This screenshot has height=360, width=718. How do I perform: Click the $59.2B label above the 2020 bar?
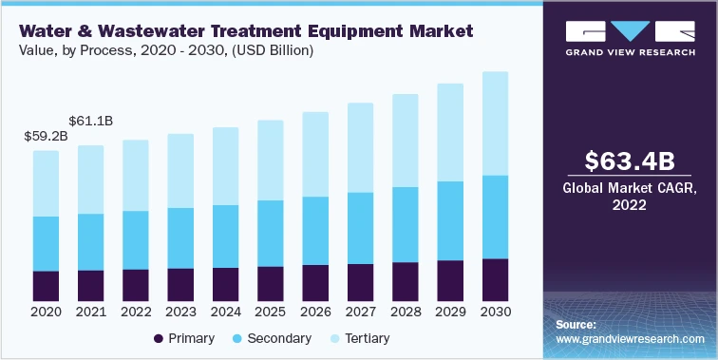[46, 136]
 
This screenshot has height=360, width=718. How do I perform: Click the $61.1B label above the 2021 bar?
[91, 121]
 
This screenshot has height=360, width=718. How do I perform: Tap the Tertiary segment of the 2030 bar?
[495, 123]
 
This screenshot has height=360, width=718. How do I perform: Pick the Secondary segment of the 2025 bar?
[271, 233]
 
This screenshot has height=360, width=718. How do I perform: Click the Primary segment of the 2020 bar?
[46, 285]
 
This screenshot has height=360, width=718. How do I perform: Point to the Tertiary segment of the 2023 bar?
[180, 171]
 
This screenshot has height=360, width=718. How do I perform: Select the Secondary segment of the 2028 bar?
[406, 224]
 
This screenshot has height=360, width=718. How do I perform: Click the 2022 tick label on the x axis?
[136, 312]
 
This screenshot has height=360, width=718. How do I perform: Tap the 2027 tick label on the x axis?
[360, 312]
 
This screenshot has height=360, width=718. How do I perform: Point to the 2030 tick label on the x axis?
[495, 312]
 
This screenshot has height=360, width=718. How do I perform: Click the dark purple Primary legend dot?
[157, 338]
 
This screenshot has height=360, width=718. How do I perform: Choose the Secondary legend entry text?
[278, 338]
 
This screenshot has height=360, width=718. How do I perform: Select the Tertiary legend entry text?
[367, 338]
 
